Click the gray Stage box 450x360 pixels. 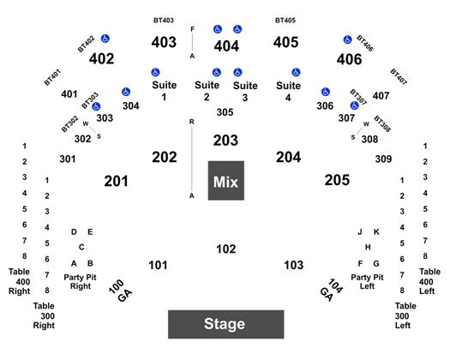click(x=226, y=324)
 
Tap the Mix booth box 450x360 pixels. click(x=226, y=181)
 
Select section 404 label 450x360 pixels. click(x=226, y=46)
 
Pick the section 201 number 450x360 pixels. click(x=116, y=181)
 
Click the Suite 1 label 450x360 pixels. click(x=165, y=91)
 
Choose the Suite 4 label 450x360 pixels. click(x=288, y=92)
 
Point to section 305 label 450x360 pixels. click(x=225, y=112)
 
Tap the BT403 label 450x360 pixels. click(x=164, y=21)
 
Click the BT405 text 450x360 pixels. click(x=285, y=21)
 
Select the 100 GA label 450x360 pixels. click(x=121, y=291)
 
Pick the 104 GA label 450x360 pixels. click(x=331, y=290)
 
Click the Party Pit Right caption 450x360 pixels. click(x=80, y=282)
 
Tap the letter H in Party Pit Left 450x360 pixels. click(x=368, y=247)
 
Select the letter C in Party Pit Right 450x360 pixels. click(x=81, y=247)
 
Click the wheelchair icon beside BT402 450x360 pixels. click(x=105, y=39)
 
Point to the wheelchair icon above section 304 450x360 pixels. click(x=126, y=92)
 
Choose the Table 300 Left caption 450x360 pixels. click(x=405, y=315)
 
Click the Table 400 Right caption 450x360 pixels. click(x=19, y=281)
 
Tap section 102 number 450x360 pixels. click(x=226, y=249)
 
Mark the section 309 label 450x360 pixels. click(x=383, y=159)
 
